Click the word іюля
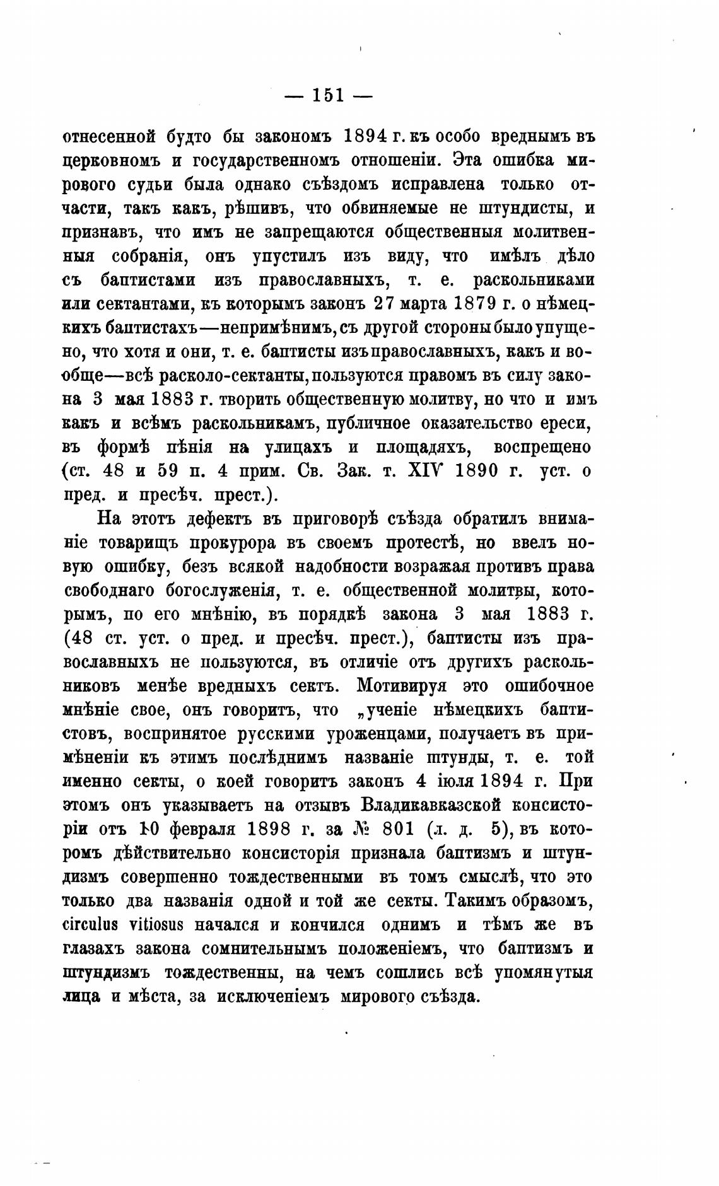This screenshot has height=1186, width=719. (452, 781)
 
